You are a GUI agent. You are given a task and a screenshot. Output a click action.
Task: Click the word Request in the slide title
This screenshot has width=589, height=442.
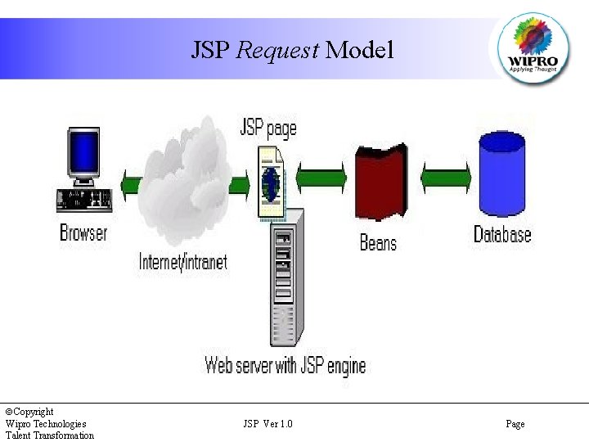click(277, 51)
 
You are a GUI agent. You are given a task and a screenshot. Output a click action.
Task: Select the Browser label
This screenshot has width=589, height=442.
click(83, 232)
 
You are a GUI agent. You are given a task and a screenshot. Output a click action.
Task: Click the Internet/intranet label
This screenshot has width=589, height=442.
click(183, 262)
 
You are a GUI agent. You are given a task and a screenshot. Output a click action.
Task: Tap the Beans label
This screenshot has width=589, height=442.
click(378, 242)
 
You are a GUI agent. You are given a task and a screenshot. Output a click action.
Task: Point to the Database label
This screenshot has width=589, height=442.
click(502, 234)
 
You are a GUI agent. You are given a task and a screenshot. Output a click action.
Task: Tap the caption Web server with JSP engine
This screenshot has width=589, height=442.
click(285, 364)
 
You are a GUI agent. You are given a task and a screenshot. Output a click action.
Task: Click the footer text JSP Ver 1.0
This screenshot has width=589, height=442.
click(268, 424)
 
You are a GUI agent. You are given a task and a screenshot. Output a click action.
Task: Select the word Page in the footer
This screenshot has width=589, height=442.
click(515, 424)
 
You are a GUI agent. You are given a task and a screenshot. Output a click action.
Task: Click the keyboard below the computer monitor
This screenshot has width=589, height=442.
click(84, 200)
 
